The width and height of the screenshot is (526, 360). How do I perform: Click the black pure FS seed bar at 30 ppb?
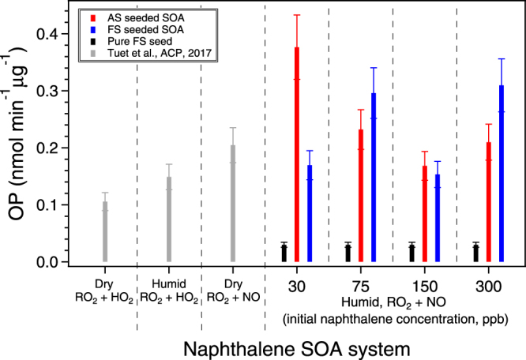pyautogui.click(x=284, y=253)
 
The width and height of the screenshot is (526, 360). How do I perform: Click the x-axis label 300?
pyautogui.click(x=490, y=285)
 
